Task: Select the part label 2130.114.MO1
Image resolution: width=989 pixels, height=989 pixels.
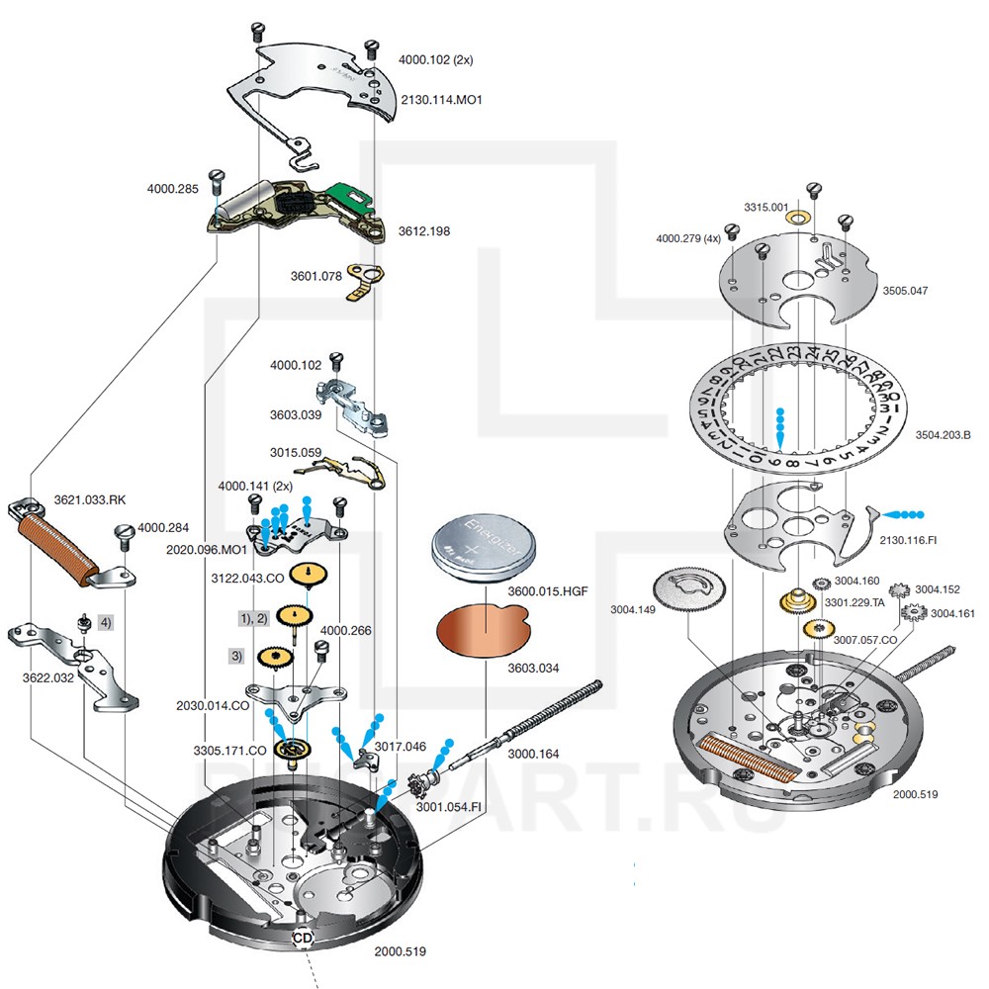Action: [441, 101]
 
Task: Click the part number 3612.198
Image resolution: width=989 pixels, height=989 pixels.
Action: [424, 230]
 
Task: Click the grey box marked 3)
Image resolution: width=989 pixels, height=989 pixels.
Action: [237, 655]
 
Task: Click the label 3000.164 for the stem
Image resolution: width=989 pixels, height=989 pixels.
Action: [535, 754]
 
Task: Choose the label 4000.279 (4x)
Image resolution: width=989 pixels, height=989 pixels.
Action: [688, 238]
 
